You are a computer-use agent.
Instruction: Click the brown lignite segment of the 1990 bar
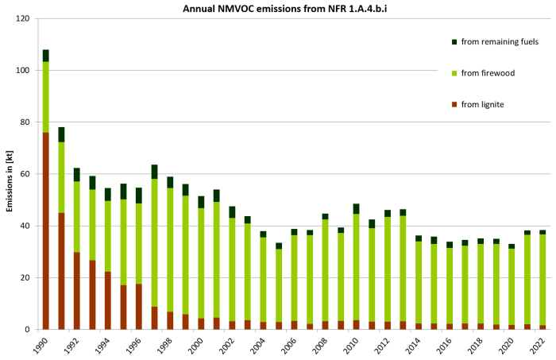point(46,230)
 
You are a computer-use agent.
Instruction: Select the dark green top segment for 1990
point(46,56)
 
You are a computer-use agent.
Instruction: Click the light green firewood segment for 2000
point(201,263)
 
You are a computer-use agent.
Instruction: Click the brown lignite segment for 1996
point(139,306)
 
